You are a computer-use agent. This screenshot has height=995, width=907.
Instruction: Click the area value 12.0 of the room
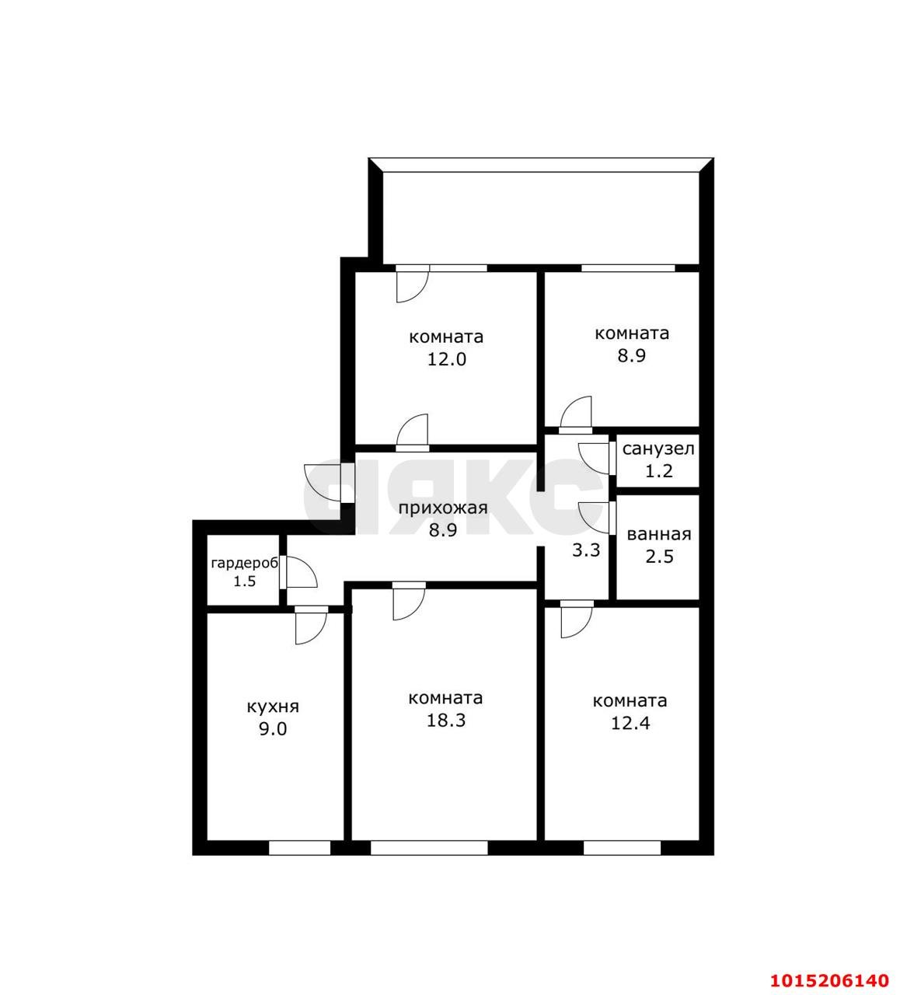(446, 360)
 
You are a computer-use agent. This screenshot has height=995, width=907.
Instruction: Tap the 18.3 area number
(446, 721)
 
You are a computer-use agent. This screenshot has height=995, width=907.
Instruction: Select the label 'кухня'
(273, 707)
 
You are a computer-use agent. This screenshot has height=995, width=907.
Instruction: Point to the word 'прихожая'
(443, 508)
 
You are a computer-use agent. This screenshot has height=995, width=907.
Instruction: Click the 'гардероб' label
(244, 563)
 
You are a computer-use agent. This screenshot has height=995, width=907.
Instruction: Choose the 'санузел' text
(658, 449)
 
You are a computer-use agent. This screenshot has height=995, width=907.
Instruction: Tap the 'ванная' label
(658, 535)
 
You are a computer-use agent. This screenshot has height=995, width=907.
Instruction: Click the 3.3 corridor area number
(586, 550)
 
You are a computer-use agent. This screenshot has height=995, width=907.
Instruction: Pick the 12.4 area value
(630, 724)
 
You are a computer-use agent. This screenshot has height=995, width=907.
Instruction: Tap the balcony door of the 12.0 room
(411, 284)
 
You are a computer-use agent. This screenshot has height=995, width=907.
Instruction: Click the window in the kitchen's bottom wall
(299, 847)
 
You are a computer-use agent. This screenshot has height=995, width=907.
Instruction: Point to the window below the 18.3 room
(428, 847)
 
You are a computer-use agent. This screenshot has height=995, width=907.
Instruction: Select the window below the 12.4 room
(622, 847)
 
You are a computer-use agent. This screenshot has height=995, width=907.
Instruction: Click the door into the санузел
(595, 457)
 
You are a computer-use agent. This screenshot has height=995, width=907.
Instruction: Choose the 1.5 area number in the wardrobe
(244, 581)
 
